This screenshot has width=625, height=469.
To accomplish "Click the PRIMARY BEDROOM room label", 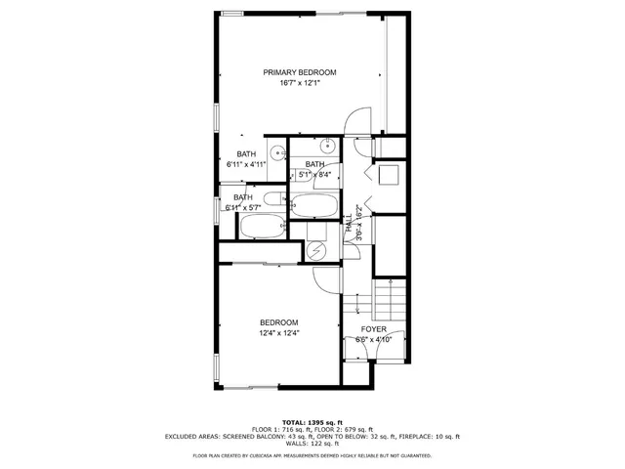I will coord(300,72).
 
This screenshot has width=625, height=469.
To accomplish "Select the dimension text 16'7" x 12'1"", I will coord(300,84).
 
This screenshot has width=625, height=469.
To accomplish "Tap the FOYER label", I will coord(374,329).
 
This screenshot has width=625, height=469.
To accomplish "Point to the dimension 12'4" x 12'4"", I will coord(278,333).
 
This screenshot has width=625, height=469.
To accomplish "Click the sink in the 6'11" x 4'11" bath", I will coord(277,152).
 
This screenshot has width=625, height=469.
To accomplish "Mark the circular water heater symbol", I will coord(315,250).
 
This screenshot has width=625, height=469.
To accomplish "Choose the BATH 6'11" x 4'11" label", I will coord(246,159).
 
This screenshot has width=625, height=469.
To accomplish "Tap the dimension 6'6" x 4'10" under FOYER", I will coord(374,340).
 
